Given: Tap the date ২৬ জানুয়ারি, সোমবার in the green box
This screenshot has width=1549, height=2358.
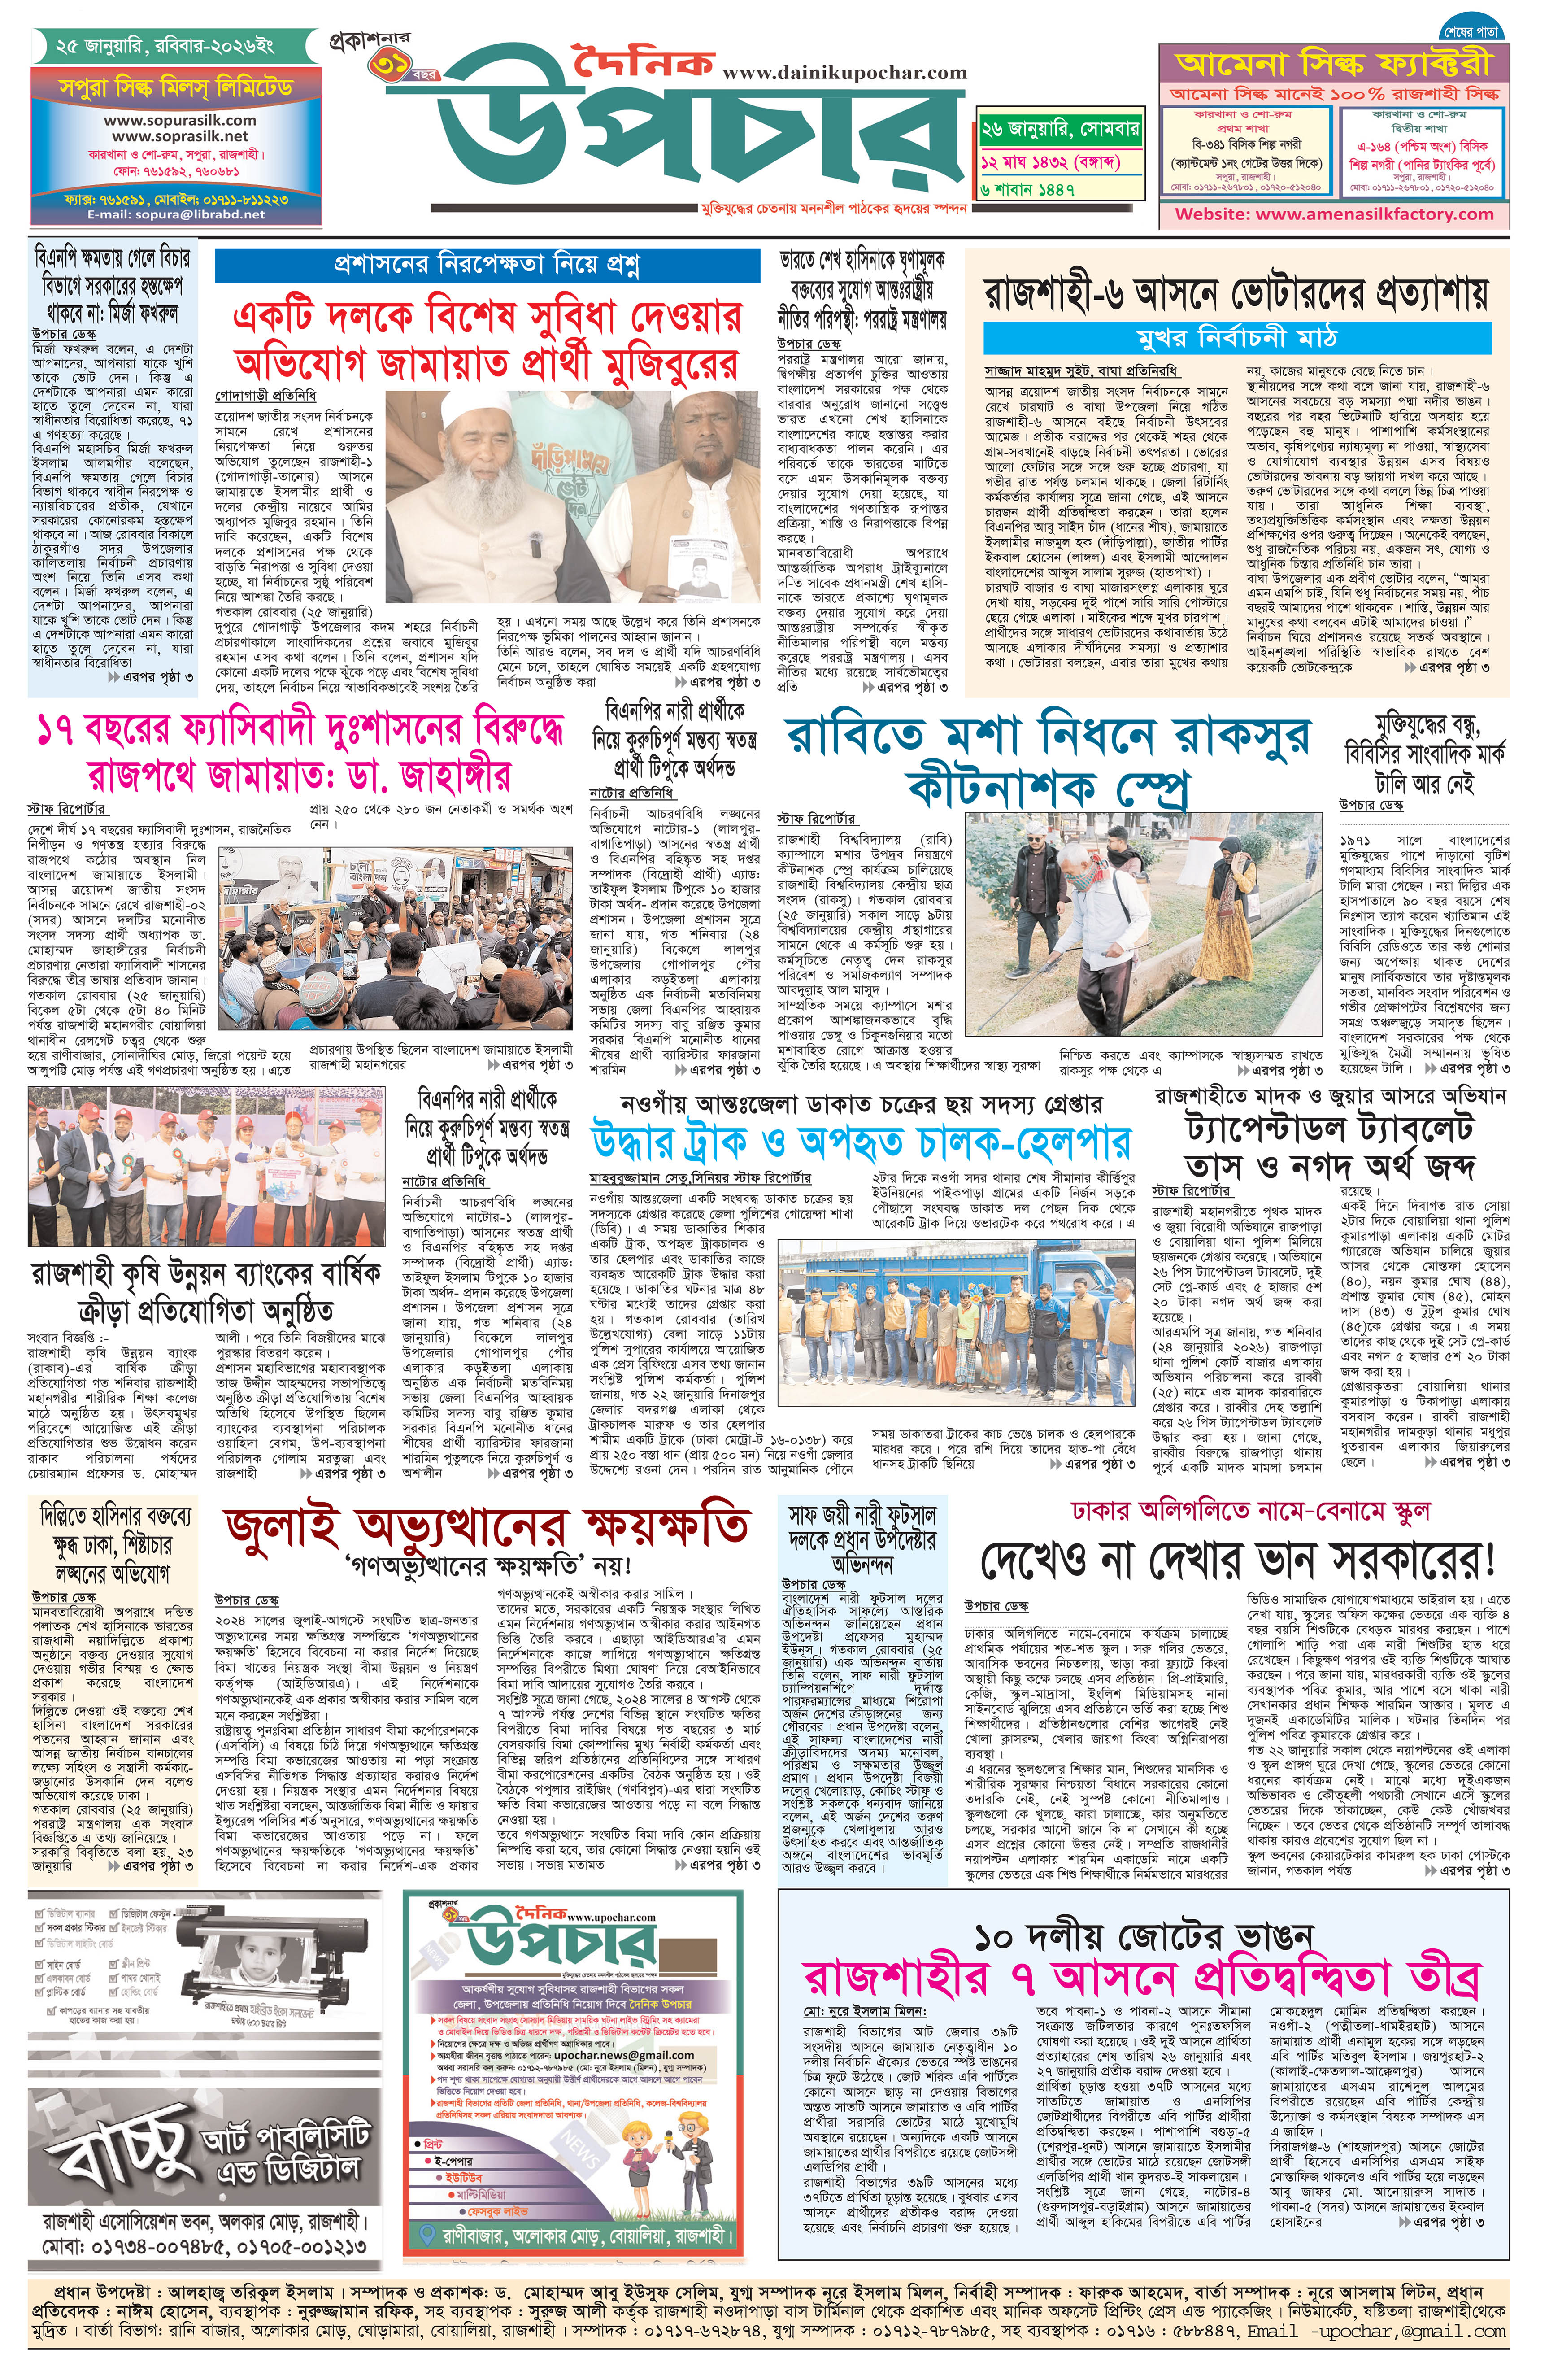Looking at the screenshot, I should [x=1060, y=129].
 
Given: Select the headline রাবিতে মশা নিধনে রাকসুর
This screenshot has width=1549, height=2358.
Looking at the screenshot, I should [x=1048, y=736].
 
